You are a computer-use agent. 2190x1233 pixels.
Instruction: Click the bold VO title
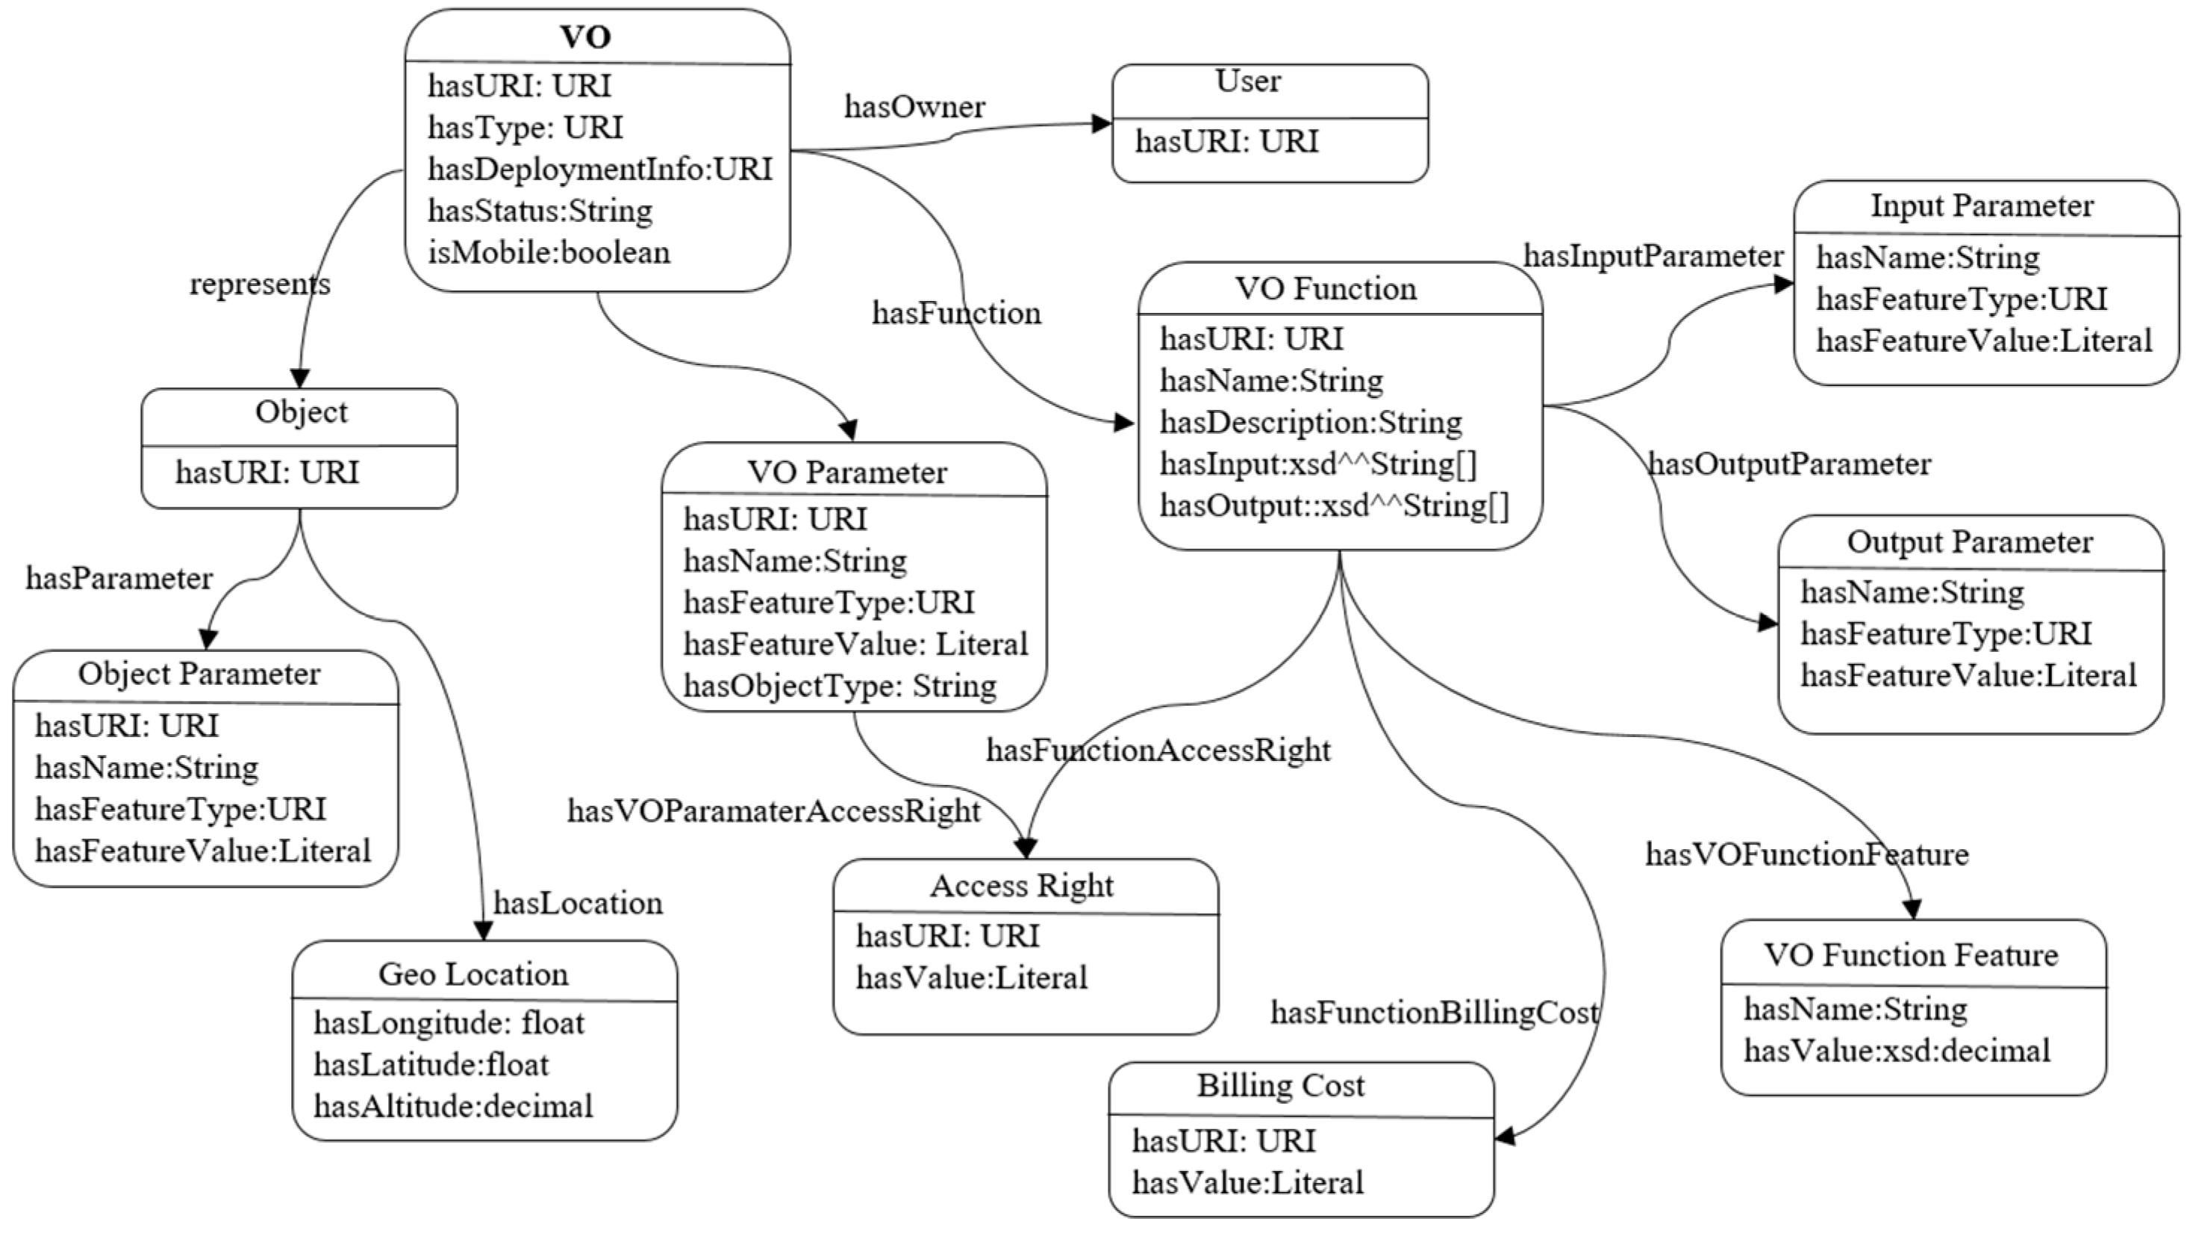tap(586, 37)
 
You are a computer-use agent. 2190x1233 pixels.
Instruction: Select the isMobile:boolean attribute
tap(549, 252)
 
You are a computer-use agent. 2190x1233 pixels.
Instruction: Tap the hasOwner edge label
tap(915, 106)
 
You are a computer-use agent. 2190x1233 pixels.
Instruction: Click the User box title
tap(1248, 81)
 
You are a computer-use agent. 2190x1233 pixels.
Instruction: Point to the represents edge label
tap(261, 283)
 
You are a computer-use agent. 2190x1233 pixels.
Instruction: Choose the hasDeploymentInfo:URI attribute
tap(600, 170)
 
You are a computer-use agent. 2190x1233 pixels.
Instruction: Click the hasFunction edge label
tap(956, 313)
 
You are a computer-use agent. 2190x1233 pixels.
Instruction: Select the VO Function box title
tap(1326, 289)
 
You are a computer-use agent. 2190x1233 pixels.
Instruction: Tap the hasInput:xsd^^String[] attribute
tap(1319, 465)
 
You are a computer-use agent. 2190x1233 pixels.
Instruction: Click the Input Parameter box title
tap(1982, 206)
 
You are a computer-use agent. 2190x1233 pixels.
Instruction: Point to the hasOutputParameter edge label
tap(1790, 465)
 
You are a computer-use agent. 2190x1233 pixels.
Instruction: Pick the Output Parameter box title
tap(1970, 541)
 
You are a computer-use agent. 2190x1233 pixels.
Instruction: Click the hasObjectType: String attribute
tap(840, 686)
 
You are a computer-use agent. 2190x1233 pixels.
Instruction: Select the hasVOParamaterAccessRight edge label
tap(773, 810)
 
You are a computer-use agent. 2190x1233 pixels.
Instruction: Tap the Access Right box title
tap(1022, 886)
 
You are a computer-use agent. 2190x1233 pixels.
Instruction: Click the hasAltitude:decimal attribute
tap(453, 1106)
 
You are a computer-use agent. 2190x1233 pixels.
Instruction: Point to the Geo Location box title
tap(473, 974)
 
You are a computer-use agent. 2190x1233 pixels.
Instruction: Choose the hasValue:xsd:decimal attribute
tap(1897, 1051)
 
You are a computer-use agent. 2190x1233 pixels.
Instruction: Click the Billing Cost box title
tap(1281, 1086)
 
